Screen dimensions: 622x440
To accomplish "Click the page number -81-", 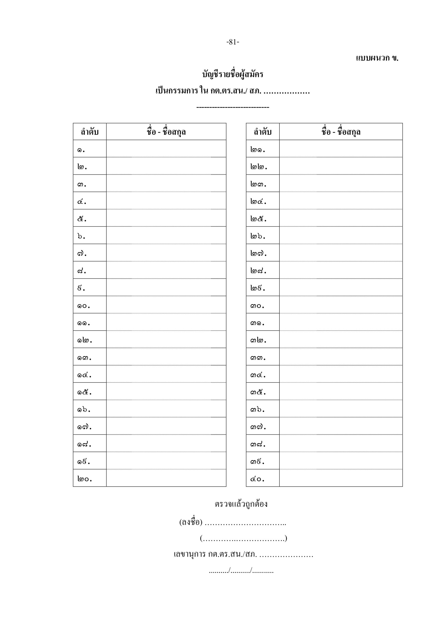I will pos(233,42).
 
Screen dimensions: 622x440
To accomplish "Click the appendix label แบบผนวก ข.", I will pos(377,58).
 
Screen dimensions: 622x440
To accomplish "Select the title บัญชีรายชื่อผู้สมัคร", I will pos(233,74).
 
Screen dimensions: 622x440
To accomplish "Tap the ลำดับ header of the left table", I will pos(90,132).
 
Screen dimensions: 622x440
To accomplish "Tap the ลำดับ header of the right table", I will pos(263,132).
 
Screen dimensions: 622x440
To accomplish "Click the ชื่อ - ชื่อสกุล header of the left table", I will pos(166,132).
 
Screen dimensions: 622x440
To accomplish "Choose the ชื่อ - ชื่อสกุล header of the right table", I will pos(341,132).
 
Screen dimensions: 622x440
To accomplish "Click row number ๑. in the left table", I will pos(81,149).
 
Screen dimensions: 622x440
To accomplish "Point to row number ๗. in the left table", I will pos(82,254).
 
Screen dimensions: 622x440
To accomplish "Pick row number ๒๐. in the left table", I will pos(85,479).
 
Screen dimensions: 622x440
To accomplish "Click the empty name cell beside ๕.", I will pos(166,218).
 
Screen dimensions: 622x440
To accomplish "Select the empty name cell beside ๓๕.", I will pos(341,391).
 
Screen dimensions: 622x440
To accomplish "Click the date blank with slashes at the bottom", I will pos(241,571).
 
